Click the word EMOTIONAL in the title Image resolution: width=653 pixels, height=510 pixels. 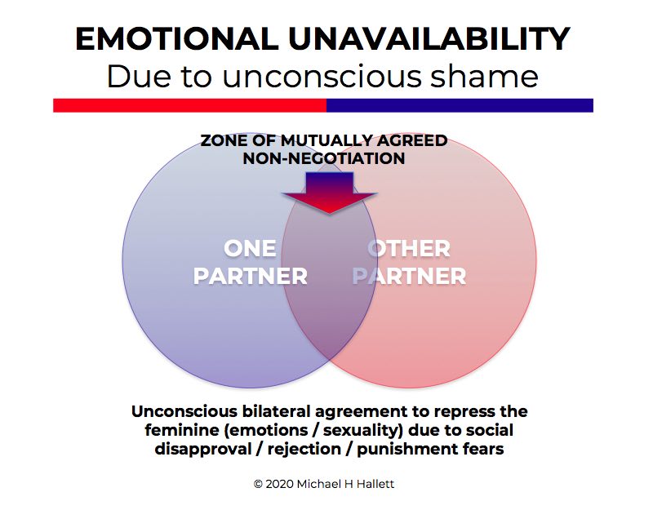click(x=177, y=38)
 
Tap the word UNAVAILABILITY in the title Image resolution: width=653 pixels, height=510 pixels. click(x=429, y=38)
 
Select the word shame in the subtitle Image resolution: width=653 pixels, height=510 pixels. click(x=484, y=76)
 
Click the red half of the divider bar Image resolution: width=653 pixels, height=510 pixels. click(x=190, y=105)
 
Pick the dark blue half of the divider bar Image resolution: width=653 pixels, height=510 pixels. click(x=460, y=105)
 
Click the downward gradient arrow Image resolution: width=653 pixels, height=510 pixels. click(x=330, y=193)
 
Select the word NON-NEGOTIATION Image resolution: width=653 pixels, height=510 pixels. click(x=324, y=158)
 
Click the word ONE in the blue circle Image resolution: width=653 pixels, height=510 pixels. click(x=250, y=249)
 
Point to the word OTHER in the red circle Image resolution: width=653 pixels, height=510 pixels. click(x=409, y=249)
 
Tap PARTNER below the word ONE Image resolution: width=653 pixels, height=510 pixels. click(x=251, y=277)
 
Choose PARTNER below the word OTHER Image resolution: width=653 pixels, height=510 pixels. click(x=410, y=277)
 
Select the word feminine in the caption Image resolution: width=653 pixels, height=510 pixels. click(x=182, y=430)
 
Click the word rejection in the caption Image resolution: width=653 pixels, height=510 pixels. click(x=304, y=450)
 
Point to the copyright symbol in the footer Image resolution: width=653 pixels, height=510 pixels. click(x=258, y=484)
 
